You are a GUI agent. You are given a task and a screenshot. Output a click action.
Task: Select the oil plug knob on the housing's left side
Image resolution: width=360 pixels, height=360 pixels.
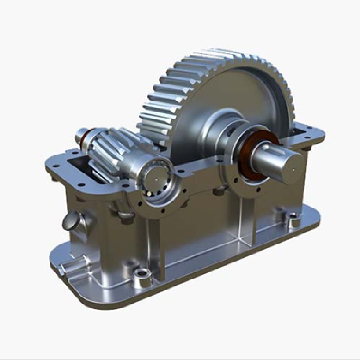[x=71, y=222]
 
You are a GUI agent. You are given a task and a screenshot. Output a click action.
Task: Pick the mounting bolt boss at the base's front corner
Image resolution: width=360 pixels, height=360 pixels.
[x=141, y=278]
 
